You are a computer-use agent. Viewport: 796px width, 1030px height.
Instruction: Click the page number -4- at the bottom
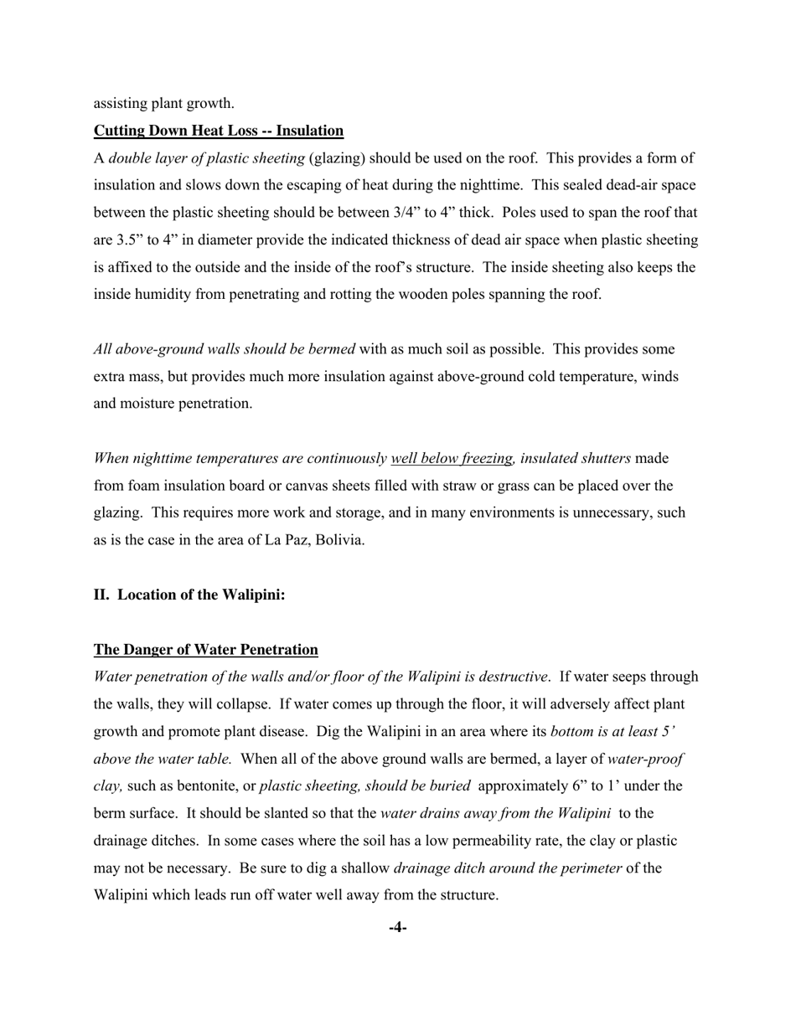pos(398,927)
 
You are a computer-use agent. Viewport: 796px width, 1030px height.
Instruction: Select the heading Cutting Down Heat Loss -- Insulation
pos(218,131)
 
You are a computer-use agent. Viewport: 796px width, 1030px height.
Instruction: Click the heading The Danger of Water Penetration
pos(205,650)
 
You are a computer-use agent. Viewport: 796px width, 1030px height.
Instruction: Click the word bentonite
pos(202,786)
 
